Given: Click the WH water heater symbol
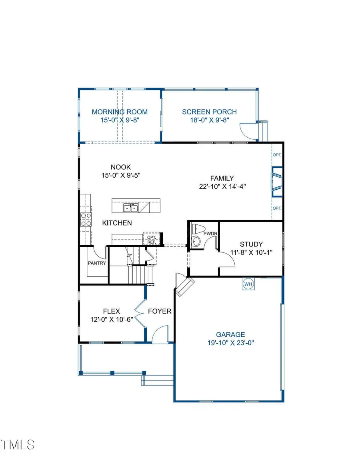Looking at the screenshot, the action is (248, 284).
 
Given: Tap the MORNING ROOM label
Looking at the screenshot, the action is (120, 112).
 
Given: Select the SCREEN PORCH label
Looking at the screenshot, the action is (209, 112).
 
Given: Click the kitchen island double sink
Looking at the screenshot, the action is (131, 208).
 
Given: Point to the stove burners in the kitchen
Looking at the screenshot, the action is (86, 220).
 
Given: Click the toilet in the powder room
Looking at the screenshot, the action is (198, 229).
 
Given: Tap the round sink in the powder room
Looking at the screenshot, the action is (196, 241).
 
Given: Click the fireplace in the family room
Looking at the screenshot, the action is (277, 182).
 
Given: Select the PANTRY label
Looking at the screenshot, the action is (97, 263).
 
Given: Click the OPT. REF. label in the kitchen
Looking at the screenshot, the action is (152, 240).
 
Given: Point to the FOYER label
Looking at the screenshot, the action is (160, 311).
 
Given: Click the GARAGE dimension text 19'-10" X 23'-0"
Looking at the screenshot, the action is (230, 343).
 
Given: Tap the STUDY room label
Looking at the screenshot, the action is (251, 244).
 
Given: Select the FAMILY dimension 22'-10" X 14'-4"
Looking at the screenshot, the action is (222, 187).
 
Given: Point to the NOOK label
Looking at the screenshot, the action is (121, 167).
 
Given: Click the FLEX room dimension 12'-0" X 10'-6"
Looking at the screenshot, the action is (112, 320).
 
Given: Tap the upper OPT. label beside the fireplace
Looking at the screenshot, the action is (277, 155).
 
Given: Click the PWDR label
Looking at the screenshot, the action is (210, 234).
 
